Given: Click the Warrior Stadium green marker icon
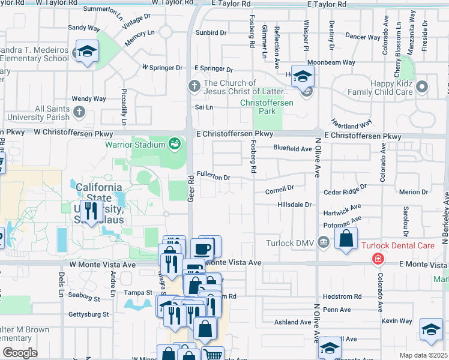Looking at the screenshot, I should [x=174, y=143].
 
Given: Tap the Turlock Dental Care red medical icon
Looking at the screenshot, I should [x=378, y=259].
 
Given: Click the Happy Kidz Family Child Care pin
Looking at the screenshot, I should [x=422, y=86].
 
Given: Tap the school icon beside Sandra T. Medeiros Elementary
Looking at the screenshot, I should [x=88, y=53].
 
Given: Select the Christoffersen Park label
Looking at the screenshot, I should [x=265, y=103].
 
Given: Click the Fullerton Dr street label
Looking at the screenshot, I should [x=213, y=178].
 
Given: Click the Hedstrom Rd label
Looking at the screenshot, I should [x=342, y=296].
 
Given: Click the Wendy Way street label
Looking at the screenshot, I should [x=89, y=98].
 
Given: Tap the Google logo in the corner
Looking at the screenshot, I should [x=20, y=353].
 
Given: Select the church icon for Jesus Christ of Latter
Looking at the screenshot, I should [x=193, y=86].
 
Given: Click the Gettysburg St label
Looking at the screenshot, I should [x=88, y=314].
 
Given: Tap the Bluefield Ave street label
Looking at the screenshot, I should [x=292, y=148].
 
